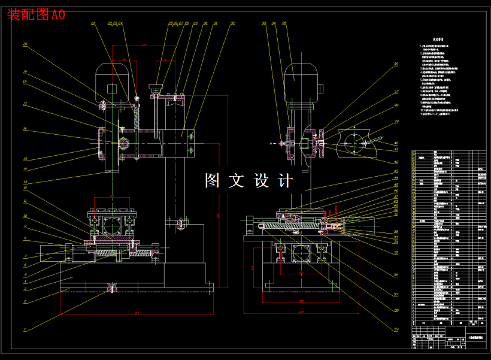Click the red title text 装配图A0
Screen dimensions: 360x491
coord(36,15)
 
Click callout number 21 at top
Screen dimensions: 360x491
coord(93,23)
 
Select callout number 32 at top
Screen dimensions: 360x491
coord(232,23)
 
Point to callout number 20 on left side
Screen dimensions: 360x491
coord(25,44)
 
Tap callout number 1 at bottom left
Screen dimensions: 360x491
coord(25,329)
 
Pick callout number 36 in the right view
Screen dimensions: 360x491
coord(396,63)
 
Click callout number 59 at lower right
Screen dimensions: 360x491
coord(396,328)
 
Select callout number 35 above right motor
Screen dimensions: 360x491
coord(284,23)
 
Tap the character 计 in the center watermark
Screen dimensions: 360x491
coord(285,180)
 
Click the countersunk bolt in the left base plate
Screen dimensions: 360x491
coord(111,289)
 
